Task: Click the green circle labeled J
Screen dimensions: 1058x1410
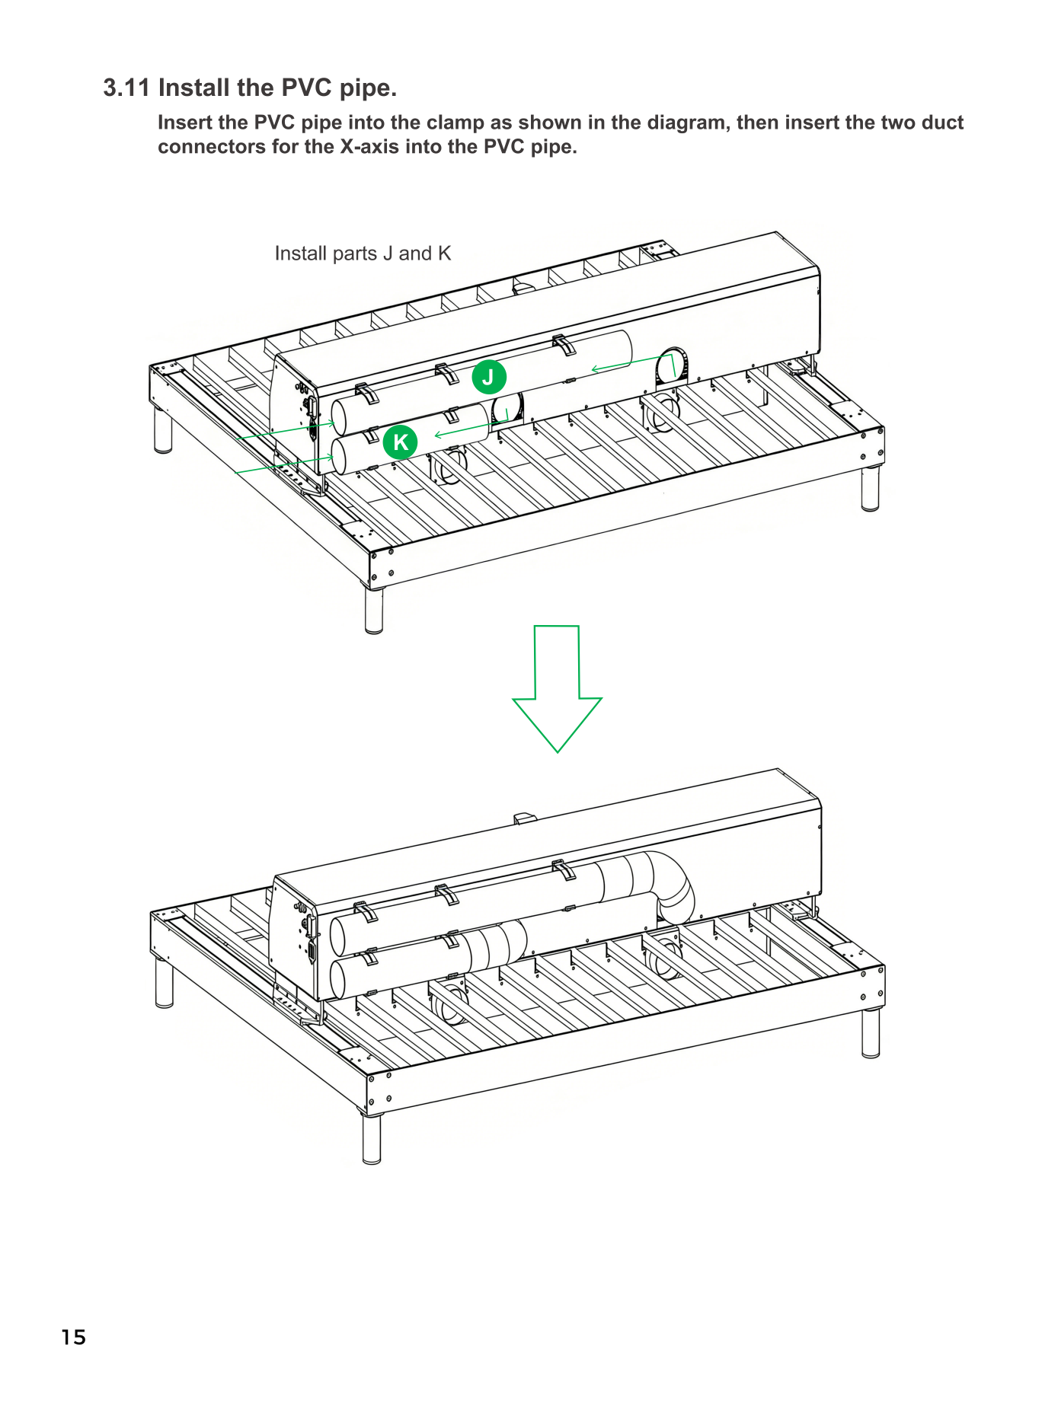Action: (489, 377)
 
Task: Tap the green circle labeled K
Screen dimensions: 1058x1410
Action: (401, 442)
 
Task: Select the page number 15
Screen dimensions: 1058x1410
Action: (74, 1337)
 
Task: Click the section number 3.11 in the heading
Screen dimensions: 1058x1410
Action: (126, 88)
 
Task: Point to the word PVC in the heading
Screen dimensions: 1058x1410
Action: (306, 88)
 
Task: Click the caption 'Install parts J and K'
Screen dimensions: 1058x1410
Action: (363, 254)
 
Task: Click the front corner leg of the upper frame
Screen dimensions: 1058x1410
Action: (374, 610)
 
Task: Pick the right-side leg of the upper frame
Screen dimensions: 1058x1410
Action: (870, 488)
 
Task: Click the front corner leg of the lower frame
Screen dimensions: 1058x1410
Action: (372, 1139)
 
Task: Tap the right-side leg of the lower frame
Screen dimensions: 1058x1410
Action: (871, 1034)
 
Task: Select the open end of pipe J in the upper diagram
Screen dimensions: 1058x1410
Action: (340, 416)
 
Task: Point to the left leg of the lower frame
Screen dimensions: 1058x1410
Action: (165, 983)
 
